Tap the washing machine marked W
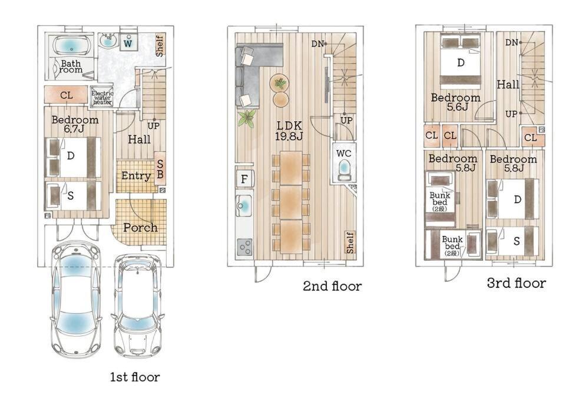tap(128, 41)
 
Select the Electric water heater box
tap(102, 97)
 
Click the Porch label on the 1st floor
tap(140, 227)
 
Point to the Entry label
tap(136, 176)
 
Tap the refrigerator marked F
tap(244, 179)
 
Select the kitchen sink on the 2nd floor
tap(244, 205)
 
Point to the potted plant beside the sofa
tap(247, 118)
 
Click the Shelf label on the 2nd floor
tap(350, 242)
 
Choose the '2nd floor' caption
tap(332, 285)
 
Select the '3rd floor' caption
tap(516, 283)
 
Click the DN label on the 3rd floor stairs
tap(512, 42)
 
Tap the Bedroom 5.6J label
tap(456, 102)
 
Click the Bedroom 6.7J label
tap(75, 124)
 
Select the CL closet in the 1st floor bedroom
tap(67, 95)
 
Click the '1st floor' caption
tap(135, 377)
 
